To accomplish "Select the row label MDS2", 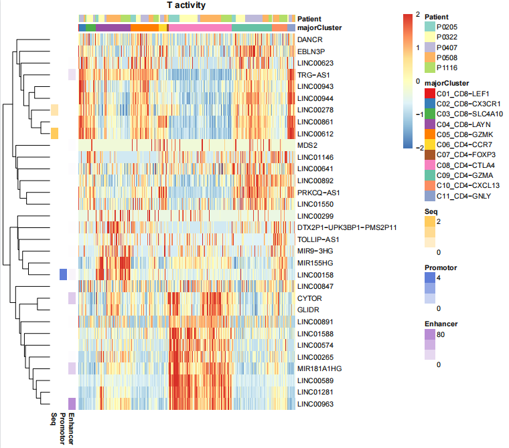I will click(x=307, y=145).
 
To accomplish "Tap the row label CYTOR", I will click(x=309, y=298).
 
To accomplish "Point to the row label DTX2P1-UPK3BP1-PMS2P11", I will click(x=347, y=227).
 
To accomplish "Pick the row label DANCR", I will click(x=309, y=39).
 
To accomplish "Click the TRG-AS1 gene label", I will click(x=313, y=75).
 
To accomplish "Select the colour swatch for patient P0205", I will click(x=430, y=25).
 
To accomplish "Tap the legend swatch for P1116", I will click(x=430, y=68).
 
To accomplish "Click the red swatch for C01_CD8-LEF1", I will click(x=430, y=93).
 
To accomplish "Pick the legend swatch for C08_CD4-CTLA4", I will click(x=430, y=164).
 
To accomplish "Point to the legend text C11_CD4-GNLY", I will click(x=463, y=196).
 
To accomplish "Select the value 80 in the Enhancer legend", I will click(x=442, y=334).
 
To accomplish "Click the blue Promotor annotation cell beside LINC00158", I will click(x=64, y=275).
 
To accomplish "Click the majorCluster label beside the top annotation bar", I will click(x=319, y=28).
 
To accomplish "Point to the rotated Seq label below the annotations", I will click(x=54, y=420).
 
